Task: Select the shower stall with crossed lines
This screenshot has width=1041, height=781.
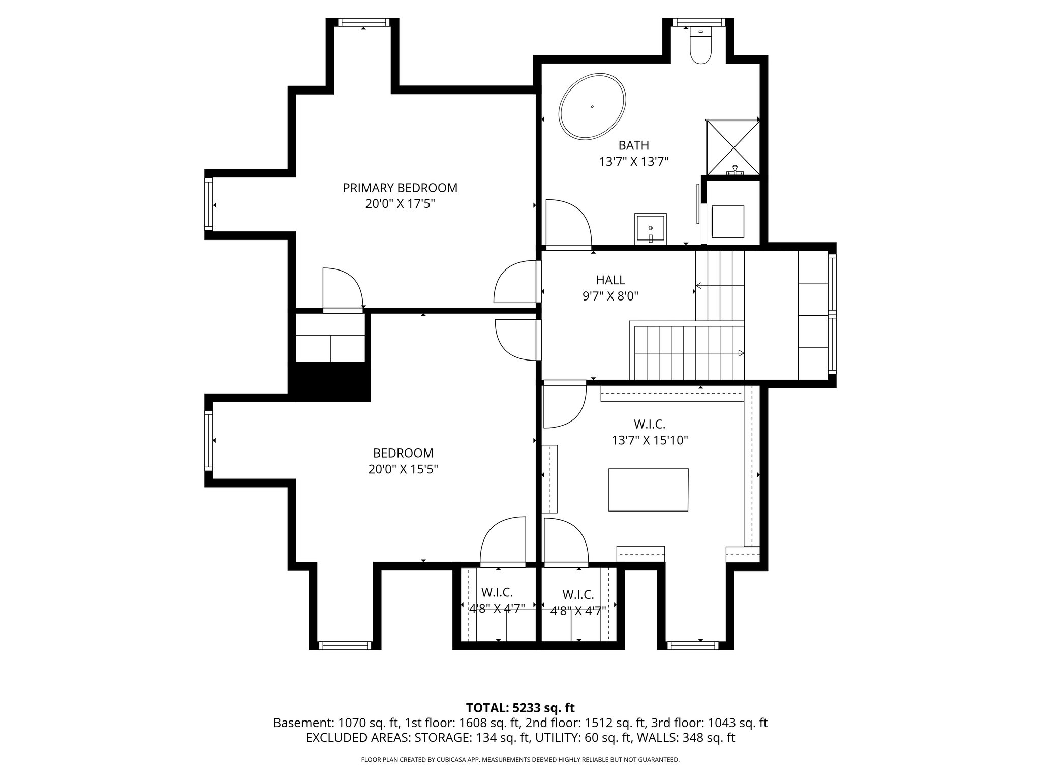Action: [732, 148]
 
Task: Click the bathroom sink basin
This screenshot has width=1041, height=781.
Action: [650, 229]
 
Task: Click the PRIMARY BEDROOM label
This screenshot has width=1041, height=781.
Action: [400, 188]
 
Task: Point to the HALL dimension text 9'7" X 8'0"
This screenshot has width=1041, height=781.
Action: [610, 296]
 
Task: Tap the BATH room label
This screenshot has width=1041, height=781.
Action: [633, 145]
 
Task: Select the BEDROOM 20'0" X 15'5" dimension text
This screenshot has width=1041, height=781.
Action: [403, 469]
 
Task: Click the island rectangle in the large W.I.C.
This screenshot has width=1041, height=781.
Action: [648, 490]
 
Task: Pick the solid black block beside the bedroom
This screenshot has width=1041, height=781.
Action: [329, 382]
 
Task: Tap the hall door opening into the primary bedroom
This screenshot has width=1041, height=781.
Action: [514, 282]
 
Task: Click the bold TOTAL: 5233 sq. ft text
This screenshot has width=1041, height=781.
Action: [520, 708]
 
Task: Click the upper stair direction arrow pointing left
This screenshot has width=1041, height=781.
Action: [699, 286]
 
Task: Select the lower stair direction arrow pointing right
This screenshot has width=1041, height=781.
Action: [741, 353]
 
